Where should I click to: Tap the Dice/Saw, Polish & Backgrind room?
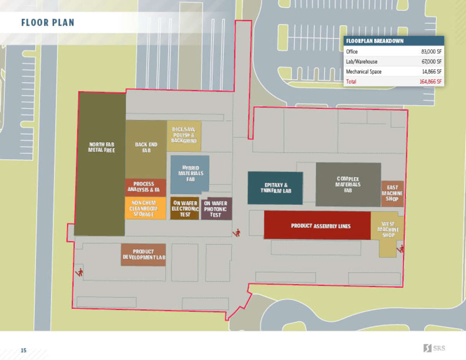184,135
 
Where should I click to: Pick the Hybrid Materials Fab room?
190,174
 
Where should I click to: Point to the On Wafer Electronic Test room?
185,209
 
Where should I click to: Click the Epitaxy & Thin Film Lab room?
275,188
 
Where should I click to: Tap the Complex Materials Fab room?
348,184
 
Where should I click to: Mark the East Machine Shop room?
392,193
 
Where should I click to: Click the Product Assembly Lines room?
317,226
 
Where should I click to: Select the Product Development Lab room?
143,255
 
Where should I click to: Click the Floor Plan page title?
47,23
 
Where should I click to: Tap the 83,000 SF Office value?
431,51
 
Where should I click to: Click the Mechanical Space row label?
363,72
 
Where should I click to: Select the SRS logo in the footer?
434,348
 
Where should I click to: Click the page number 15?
24,350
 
